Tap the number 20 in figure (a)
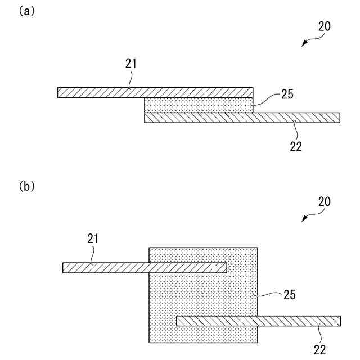(x=325, y=26)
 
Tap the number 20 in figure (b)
(x=325, y=201)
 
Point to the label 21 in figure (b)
(x=93, y=238)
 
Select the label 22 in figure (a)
(x=296, y=147)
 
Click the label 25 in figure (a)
(x=287, y=96)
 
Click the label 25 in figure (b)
(x=290, y=294)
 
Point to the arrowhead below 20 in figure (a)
(x=304, y=44)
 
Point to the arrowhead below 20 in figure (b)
(x=304, y=219)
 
